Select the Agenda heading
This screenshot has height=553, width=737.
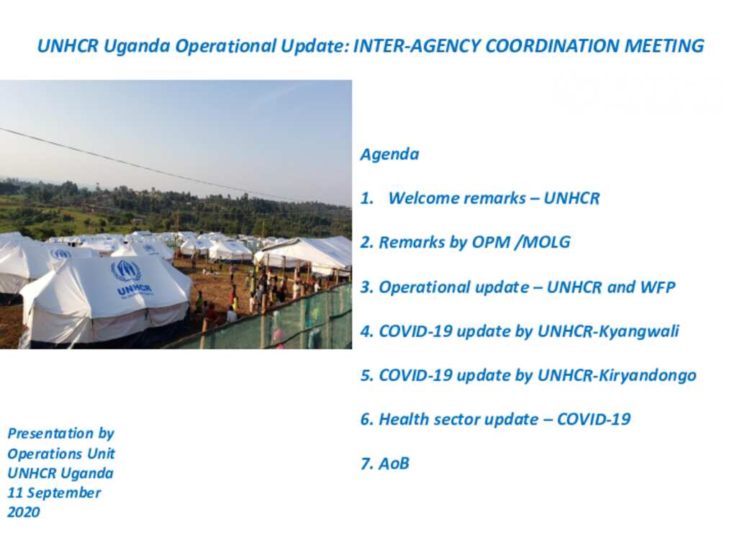[389, 155]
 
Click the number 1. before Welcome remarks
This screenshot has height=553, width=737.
[367, 199]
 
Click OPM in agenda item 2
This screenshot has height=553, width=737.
[491, 242]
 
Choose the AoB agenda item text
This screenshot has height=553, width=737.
[394, 464]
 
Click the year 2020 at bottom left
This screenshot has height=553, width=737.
[24, 512]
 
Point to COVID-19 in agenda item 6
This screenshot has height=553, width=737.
[594, 420]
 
